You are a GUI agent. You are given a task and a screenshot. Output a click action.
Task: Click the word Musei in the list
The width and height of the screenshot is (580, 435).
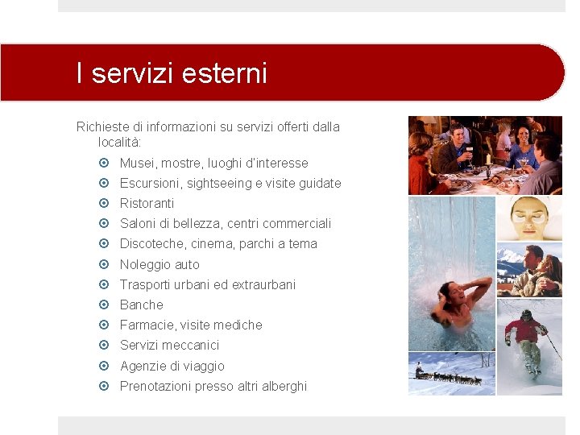pyautogui.click(x=137, y=164)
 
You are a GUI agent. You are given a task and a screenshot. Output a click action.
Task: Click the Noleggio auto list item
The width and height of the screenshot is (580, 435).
pyautogui.click(x=159, y=264)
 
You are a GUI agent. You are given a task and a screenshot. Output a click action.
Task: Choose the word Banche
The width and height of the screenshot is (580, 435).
pyautogui.click(x=142, y=304)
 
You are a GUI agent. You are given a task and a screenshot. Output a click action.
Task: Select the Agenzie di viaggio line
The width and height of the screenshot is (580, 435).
pyautogui.click(x=172, y=366)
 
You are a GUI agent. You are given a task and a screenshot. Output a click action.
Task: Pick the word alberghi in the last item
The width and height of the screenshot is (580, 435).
pyautogui.click(x=283, y=386)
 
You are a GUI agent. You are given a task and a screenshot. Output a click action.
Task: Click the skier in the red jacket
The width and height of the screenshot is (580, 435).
pyautogui.click(x=528, y=338)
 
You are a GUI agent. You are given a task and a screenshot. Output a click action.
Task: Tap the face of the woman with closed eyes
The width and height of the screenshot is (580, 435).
pyautogui.click(x=529, y=215)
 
